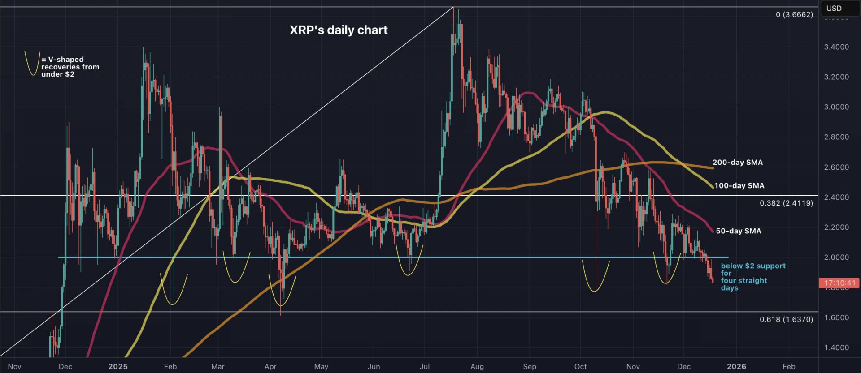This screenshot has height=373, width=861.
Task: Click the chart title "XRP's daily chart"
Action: [x=339, y=30]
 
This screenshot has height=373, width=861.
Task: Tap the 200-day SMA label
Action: [x=737, y=163]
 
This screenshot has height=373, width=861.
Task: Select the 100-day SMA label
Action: [x=739, y=185]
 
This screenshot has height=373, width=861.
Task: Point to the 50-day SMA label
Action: [x=738, y=231]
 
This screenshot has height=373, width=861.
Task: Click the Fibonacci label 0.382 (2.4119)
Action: [x=786, y=203]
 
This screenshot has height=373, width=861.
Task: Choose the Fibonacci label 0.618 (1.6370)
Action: [x=786, y=319]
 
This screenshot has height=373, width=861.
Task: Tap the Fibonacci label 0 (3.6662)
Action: [x=794, y=15]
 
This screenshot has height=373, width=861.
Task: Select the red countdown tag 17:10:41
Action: [x=840, y=283]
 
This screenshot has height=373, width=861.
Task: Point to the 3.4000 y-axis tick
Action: [x=836, y=47]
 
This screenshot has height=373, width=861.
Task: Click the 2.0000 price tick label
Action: [x=836, y=257]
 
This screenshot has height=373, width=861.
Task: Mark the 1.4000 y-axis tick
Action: [x=836, y=347]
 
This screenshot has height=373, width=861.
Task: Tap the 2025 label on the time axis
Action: [x=118, y=366]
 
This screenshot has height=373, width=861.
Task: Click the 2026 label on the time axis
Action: [x=736, y=366]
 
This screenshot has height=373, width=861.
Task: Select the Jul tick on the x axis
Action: [x=425, y=366]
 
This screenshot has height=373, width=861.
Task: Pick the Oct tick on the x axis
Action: [x=580, y=366]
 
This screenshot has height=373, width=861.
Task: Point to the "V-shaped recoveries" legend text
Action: [x=70, y=67]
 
